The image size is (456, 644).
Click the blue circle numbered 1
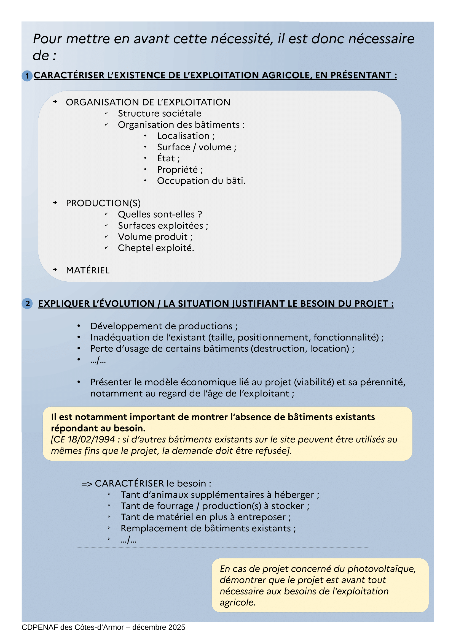click(27, 76)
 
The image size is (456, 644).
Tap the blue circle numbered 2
click(27, 303)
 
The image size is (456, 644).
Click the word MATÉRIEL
click(88, 270)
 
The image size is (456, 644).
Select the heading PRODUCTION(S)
click(103, 203)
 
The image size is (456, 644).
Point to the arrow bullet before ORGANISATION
click(55, 102)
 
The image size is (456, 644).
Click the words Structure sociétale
click(159, 113)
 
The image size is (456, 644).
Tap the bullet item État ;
click(168, 158)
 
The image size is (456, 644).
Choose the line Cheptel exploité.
click(156, 248)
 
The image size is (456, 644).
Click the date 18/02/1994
click(91, 439)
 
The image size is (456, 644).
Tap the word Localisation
click(183, 136)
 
